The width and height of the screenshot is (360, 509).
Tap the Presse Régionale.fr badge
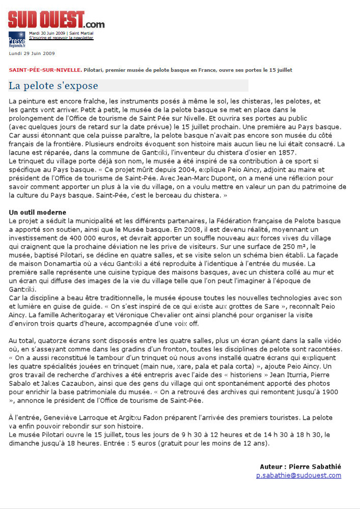click(16, 39)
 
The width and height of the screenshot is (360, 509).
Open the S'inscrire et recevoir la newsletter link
click(61, 38)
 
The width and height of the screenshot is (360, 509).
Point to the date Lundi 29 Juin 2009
click(32, 53)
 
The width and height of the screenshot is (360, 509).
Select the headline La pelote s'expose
click(53, 86)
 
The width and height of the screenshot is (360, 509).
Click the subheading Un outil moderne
click(38, 212)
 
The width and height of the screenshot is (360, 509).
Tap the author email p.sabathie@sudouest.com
click(298, 475)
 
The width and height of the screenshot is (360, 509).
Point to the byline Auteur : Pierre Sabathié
click(300, 467)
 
